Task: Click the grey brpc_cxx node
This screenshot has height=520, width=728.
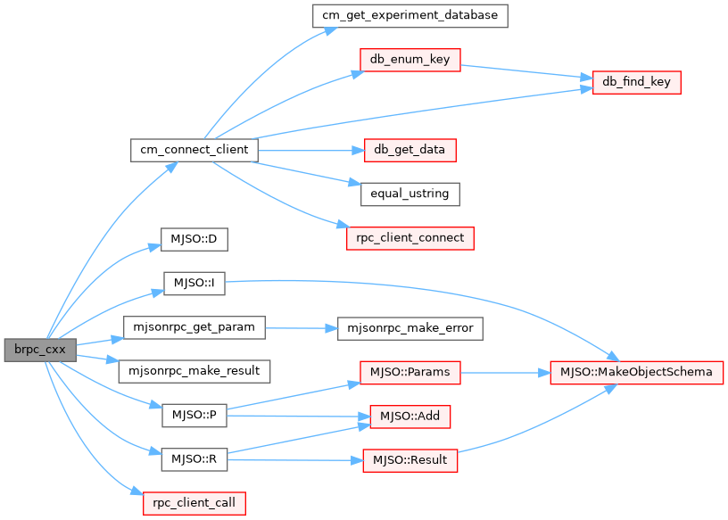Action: tap(38, 349)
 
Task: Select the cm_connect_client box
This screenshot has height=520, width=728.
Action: tap(194, 149)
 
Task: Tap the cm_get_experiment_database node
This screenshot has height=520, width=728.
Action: tap(409, 15)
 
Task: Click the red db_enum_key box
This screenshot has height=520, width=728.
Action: tap(409, 61)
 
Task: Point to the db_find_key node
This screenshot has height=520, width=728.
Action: tap(637, 82)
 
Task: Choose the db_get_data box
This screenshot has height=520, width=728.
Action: tap(409, 149)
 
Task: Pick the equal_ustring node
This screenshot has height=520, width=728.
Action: tap(409, 193)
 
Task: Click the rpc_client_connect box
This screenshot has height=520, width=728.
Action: tap(409, 238)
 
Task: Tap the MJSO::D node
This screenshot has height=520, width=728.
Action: tap(194, 240)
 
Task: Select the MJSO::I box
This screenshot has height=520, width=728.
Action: tap(194, 284)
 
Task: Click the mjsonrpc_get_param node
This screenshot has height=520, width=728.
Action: tap(194, 327)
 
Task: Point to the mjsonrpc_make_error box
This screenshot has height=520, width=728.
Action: tap(409, 328)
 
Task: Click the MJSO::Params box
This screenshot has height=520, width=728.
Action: tap(409, 372)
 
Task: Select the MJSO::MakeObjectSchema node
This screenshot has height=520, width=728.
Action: tap(637, 372)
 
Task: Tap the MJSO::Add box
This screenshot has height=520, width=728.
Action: tap(409, 416)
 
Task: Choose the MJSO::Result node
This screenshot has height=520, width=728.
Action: tap(409, 460)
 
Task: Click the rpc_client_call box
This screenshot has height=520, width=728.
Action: tap(194, 502)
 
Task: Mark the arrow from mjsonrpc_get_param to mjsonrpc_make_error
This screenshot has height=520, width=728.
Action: tap(302, 328)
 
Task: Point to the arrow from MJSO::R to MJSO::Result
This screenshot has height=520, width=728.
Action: tap(294, 460)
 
